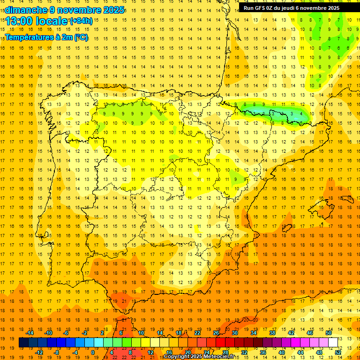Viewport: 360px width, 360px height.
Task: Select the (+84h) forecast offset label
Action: point(81,21)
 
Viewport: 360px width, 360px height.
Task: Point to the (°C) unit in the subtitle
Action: point(81,37)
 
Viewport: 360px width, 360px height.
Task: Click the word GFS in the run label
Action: point(263,8)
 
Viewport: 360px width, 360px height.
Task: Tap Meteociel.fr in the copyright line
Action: point(222,357)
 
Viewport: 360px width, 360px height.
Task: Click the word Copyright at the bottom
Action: point(177,357)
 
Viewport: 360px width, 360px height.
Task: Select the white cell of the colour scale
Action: point(333,343)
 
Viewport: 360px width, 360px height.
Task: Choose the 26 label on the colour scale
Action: point(216,332)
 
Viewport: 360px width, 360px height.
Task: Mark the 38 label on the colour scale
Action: point(272,332)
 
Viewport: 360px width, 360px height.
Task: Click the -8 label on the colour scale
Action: point(57,352)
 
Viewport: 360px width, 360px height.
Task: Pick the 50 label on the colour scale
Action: point(329,332)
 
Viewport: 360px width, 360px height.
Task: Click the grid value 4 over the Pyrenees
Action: point(300,113)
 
